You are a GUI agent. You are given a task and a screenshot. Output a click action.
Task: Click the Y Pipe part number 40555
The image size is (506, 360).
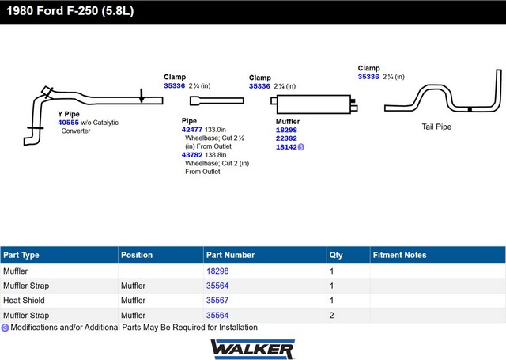[x=68, y=123]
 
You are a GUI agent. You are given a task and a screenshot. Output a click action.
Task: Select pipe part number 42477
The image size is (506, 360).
[x=191, y=130]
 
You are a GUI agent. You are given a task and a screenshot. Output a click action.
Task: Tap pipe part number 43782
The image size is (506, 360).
[x=192, y=154]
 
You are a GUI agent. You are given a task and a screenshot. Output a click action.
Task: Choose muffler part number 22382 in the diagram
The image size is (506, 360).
[x=286, y=138]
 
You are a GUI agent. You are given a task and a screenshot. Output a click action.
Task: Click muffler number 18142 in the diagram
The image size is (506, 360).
[x=286, y=147]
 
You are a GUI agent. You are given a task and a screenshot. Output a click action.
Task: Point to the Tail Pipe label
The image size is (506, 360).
[x=436, y=127]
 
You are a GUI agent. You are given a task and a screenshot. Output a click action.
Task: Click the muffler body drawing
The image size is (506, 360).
[x=314, y=104]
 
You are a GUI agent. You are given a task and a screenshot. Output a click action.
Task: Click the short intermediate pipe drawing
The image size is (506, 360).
[x=217, y=100]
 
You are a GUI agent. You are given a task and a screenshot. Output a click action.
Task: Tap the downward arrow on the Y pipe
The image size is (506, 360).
[x=142, y=96]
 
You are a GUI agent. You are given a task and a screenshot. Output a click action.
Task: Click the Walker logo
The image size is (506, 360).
[x=253, y=349]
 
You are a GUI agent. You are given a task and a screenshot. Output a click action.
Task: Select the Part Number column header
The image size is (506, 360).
[x=230, y=255]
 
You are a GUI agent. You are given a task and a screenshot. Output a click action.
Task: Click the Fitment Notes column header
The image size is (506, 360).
[x=399, y=255]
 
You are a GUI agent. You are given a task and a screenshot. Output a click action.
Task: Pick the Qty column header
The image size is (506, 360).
[x=335, y=255]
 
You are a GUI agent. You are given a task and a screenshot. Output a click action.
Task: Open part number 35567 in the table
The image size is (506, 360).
[x=217, y=301]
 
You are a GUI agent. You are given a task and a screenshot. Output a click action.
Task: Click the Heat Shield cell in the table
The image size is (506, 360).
[x=24, y=301]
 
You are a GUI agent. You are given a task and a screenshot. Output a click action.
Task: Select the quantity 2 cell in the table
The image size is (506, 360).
[x=331, y=315]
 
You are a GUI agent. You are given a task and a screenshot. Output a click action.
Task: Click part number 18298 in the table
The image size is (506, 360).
[x=217, y=271]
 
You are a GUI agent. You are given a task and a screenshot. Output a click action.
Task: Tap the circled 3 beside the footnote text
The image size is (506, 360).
[x=5, y=328]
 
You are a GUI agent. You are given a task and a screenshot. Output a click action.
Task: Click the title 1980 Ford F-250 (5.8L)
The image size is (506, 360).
[x=70, y=11]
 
